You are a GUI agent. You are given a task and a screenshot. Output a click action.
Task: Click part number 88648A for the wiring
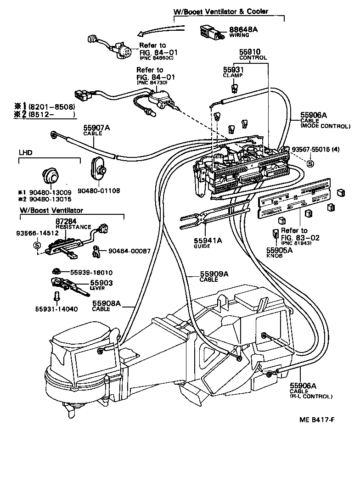pos(243,29)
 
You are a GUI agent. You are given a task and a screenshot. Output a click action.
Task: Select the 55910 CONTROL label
pos(253,55)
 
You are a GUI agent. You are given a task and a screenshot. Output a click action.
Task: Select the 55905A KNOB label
pos(281,252)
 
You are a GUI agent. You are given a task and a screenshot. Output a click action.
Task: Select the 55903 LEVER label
pos(101,285)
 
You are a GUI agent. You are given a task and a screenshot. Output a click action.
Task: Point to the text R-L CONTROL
pos(310,396)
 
